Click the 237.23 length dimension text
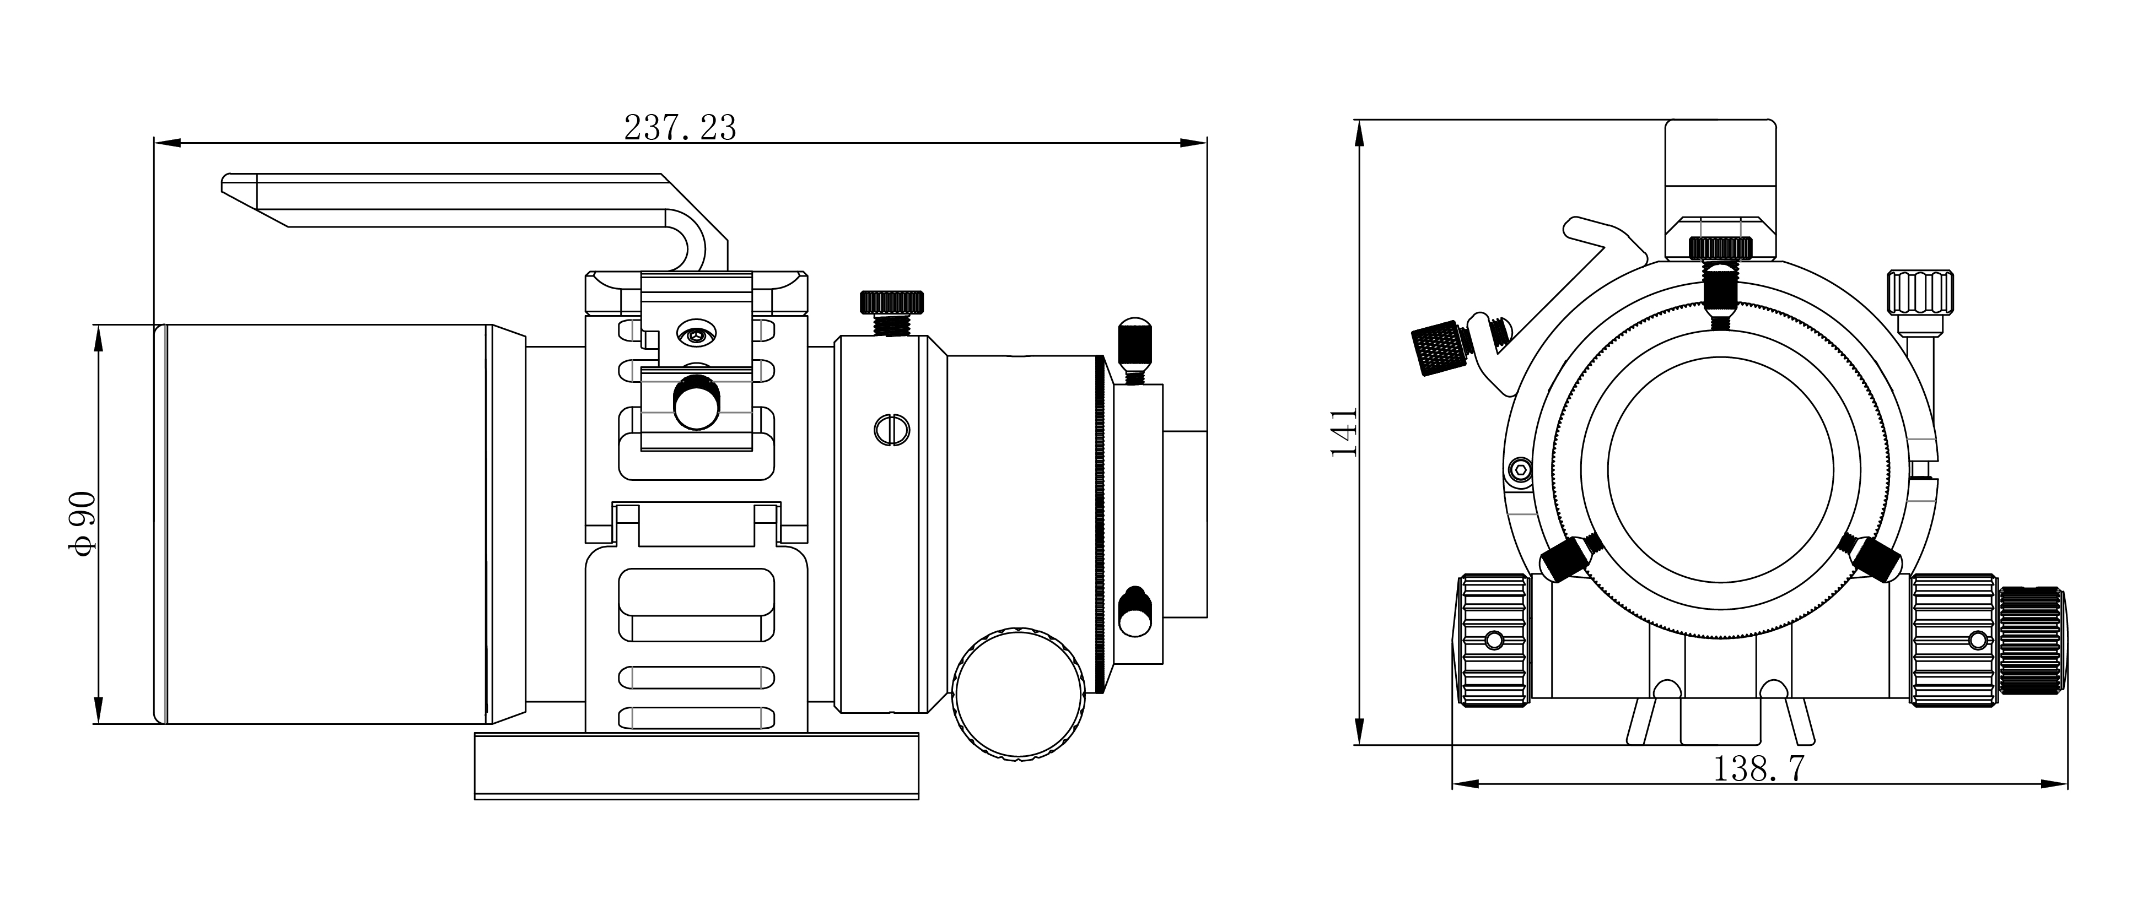tap(680, 128)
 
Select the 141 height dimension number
tap(1343, 432)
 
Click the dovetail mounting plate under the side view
tap(696, 765)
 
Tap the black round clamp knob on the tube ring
tap(697, 402)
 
